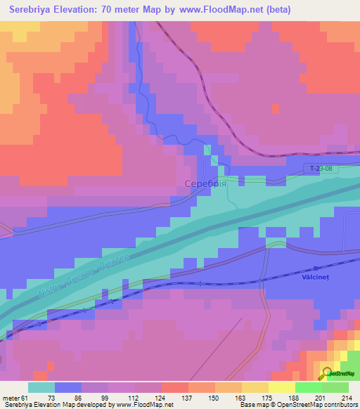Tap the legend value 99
click(105, 398)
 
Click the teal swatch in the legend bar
click(41, 387)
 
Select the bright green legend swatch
click(309, 387)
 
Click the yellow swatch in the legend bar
click(255, 387)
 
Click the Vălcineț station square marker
click(315, 268)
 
